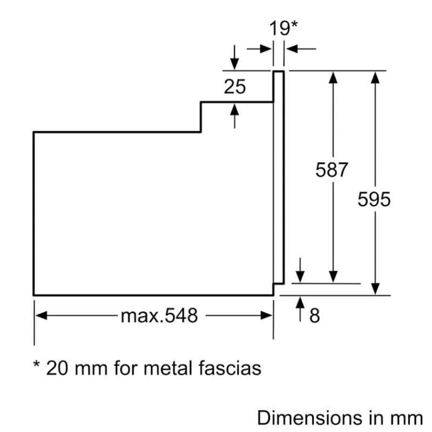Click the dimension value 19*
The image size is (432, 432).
coord(284,28)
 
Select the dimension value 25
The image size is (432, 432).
coord(235,86)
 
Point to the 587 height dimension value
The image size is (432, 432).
coord(332,170)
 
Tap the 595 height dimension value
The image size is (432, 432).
coord(374,199)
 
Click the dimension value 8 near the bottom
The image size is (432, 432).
coord(314,315)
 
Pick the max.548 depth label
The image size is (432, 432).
coord(159,315)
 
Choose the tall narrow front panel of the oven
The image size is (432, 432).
coord(278,177)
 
